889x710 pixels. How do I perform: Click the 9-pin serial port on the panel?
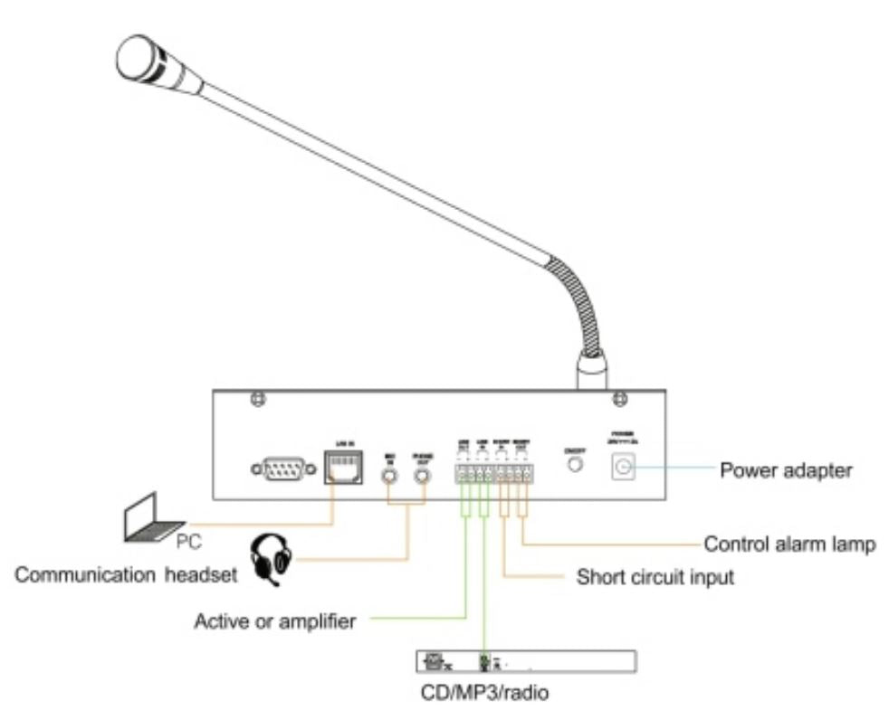click(283, 469)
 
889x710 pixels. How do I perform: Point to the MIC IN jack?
click(390, 470)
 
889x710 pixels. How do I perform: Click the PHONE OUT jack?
click(422, 470)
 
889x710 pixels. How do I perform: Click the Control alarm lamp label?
click(789, 544)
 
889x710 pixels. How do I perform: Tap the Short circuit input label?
click(655, 576)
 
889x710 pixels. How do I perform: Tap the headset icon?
click(274, 558)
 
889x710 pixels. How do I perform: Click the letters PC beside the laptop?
click(189, 543)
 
